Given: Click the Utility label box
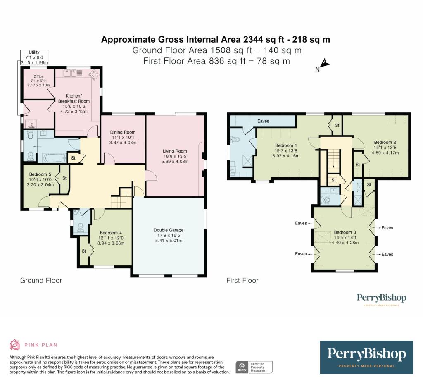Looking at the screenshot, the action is pos(34,57).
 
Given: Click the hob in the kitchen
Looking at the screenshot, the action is pos(94,74).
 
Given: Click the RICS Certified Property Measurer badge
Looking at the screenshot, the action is pos(254,367).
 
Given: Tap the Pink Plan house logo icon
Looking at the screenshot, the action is pos(14,345).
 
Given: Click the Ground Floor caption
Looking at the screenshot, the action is pos(41,281).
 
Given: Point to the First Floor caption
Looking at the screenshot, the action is pos(242,281).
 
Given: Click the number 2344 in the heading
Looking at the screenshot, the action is pos(253,39).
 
